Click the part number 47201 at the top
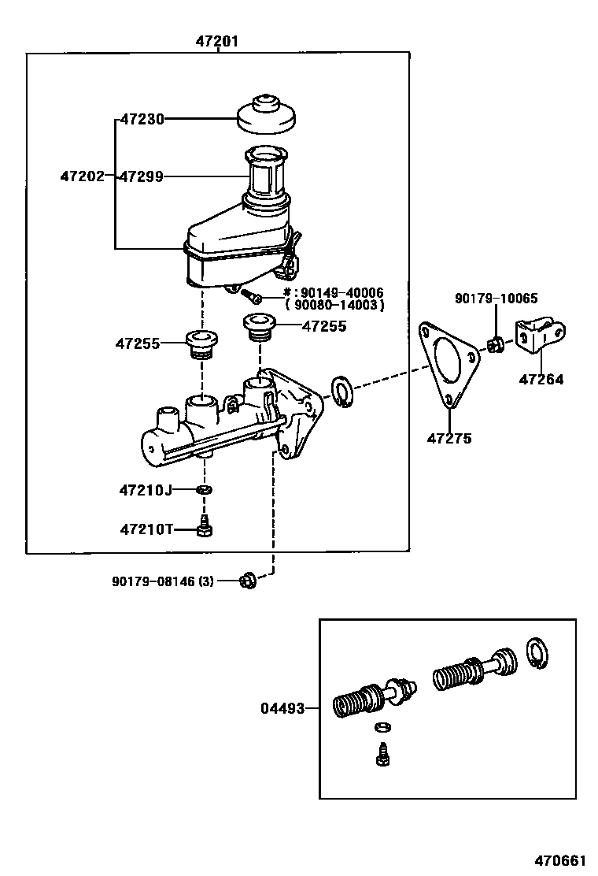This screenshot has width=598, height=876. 216,42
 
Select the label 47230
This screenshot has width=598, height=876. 142,120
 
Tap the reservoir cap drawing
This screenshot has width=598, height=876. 266,116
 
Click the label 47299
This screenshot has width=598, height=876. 142,176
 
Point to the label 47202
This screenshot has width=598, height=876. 82,176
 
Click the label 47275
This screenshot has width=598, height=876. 449,438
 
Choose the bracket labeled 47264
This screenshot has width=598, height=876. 543,338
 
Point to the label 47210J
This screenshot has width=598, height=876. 146,490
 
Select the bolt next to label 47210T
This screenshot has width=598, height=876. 204,527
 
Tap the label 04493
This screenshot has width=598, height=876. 282,708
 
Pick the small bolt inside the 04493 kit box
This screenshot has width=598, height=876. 383,753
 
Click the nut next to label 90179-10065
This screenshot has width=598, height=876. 496,344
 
